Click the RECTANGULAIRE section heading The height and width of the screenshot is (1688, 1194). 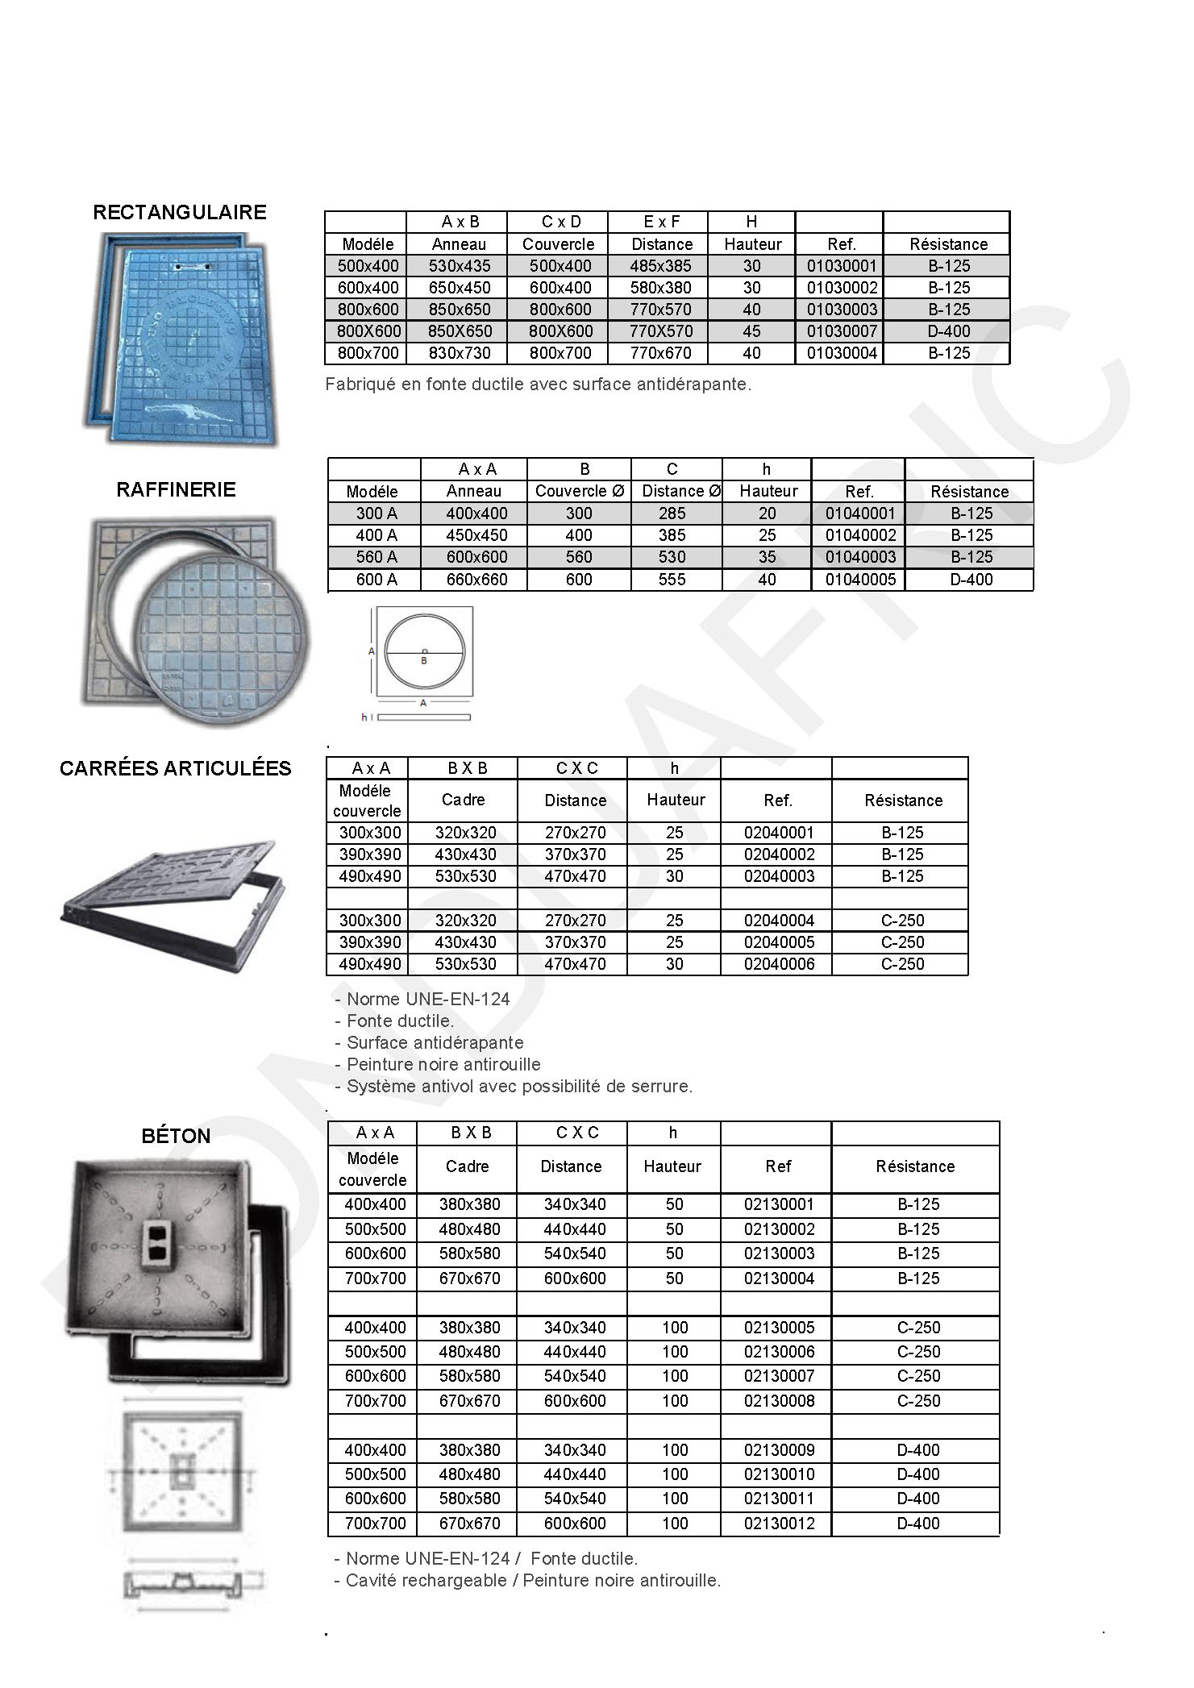coord(179,212)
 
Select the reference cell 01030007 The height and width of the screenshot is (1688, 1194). coord(842,331)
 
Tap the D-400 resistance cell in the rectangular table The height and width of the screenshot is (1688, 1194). coord(948,331)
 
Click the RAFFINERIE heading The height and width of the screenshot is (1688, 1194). coord(176,489)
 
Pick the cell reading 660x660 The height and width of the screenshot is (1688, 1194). coord(476,580)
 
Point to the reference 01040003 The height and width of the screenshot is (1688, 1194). coord(859,557)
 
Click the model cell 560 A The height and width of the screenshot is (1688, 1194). coord(376,557)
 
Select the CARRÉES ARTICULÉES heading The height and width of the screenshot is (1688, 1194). coord(175,768)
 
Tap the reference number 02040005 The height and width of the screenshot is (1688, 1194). coord(779,942)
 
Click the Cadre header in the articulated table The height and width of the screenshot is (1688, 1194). coord(464,800)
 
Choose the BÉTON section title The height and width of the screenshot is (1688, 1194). coord(176,1136)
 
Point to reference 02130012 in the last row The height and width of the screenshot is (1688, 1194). coord(779,1524)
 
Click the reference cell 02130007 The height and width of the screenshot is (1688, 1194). coord(779,1376)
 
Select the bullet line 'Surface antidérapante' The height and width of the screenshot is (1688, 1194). coord(435,1042)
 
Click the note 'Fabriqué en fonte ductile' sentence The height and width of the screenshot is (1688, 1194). coord(538,385)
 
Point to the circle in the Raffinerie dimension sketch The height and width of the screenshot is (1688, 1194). coord(424,652)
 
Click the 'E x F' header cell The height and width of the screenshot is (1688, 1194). coord(661,222)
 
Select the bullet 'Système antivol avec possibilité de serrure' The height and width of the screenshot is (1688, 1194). coord(518,1086)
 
